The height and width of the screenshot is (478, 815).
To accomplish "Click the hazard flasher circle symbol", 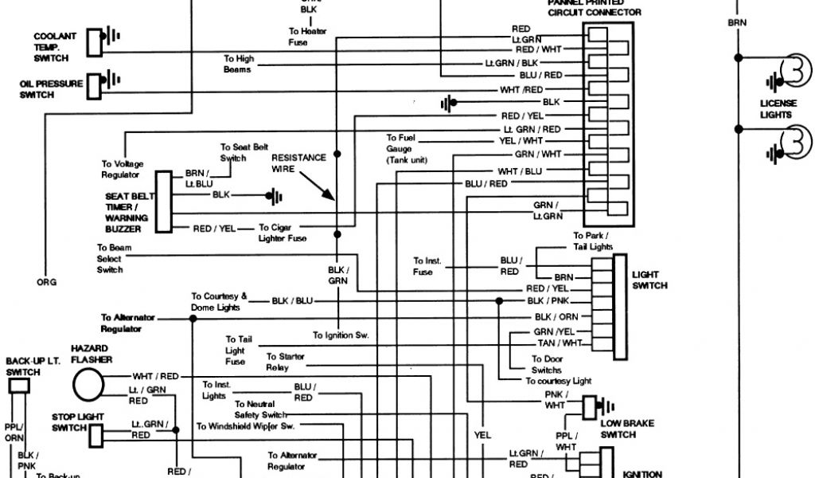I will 88,384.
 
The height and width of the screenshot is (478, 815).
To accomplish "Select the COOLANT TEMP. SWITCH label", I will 55,47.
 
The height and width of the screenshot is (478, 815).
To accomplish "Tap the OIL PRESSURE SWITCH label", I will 51,89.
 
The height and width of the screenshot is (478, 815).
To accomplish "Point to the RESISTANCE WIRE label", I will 298,163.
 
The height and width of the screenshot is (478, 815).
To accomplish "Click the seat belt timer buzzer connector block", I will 163,202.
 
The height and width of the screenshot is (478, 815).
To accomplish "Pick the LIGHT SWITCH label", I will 649,280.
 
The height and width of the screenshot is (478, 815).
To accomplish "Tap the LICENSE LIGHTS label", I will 776,109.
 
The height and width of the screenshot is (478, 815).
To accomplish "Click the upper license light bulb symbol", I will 793,71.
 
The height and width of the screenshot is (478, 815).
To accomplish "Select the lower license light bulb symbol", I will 793,143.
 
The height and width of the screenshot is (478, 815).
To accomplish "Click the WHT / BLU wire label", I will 520,171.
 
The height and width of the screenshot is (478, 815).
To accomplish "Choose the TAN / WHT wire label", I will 560,343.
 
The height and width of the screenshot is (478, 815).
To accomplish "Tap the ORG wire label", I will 46,281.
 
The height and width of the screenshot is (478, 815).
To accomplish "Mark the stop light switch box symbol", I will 96,434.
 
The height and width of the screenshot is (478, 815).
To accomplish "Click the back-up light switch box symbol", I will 19,386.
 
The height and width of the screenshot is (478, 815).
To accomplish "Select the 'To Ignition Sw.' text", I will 341,335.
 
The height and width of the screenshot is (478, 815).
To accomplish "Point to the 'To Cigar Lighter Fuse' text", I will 283,233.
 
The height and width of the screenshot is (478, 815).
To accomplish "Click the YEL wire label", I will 482,435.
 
